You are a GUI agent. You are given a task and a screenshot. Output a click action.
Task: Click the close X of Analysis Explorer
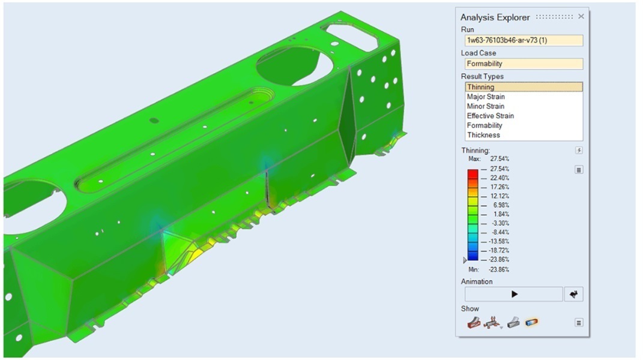(581, 16)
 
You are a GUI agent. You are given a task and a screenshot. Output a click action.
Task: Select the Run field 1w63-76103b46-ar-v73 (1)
(524, 40)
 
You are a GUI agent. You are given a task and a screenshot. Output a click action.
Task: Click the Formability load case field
(524, 64)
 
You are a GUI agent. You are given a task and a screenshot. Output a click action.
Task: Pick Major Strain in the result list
(486, 97)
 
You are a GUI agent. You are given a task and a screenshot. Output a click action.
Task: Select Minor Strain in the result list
(486, 106)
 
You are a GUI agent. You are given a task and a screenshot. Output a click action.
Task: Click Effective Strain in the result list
(491, 116)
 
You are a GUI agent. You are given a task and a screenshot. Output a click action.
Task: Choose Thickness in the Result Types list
(483, 135)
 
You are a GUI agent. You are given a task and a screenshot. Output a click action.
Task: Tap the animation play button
(514, 294)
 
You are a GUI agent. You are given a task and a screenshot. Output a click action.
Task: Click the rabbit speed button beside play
(574, 294)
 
